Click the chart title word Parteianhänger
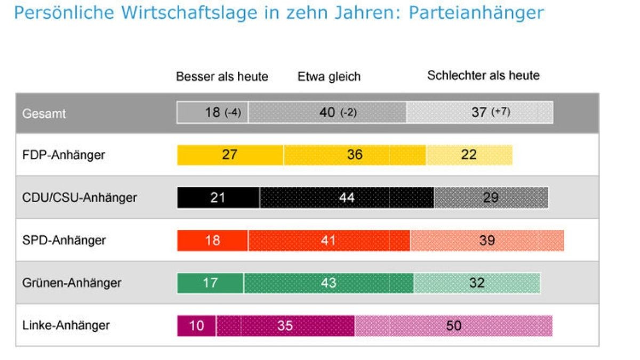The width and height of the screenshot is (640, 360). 476,13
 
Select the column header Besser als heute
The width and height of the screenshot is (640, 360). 222,77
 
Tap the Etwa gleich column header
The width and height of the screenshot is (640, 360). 329,77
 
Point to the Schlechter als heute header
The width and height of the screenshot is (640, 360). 483,76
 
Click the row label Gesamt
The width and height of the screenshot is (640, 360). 44,114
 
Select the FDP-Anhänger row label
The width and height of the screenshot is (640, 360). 64,155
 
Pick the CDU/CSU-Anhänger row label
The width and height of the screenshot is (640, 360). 80,198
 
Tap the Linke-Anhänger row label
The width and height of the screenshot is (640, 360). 66,325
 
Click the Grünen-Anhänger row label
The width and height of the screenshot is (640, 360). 72,283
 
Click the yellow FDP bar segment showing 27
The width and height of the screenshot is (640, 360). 230,155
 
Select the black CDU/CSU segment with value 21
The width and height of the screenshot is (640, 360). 219,198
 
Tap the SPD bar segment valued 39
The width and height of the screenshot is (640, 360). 487,241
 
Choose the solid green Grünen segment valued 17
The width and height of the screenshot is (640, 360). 211,283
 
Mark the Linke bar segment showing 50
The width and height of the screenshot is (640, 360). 453,325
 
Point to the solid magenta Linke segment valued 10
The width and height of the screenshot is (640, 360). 197,325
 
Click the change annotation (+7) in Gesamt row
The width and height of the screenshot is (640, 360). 501,113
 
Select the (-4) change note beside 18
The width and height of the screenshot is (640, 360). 233,113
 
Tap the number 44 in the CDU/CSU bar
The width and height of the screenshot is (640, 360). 347,198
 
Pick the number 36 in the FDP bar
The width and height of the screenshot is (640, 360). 355,155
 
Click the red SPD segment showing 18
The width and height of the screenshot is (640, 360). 212,241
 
